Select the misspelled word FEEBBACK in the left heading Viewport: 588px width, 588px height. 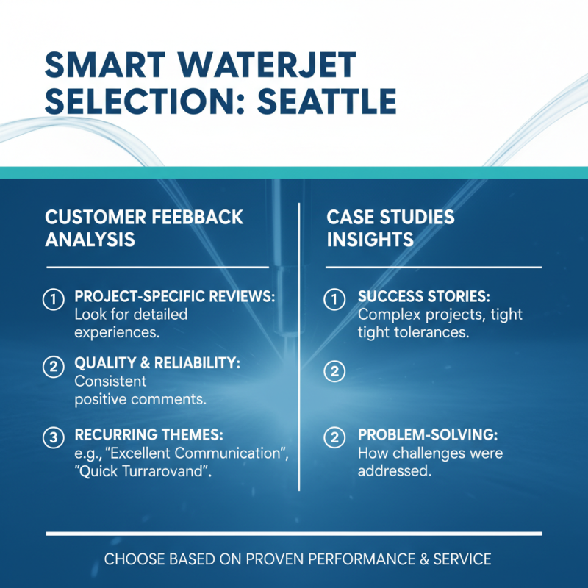click(x=196, y=218)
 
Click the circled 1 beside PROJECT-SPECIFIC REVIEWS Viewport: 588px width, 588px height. click(x=53, y=298)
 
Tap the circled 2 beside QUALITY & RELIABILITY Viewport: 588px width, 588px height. click(x=53, y=367)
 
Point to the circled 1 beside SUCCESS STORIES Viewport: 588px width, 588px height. click(x=334, y=298)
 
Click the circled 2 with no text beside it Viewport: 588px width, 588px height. click(x=334, y=372)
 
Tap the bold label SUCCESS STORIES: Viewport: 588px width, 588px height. click(x=423, y=296)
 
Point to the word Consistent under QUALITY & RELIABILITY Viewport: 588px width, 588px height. click(x=111, y=382)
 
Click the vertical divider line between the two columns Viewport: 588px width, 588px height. click(x=299, y=345)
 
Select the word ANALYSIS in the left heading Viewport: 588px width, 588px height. click(x=90, y=240)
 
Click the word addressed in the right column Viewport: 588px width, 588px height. click(x=394, y=471)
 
